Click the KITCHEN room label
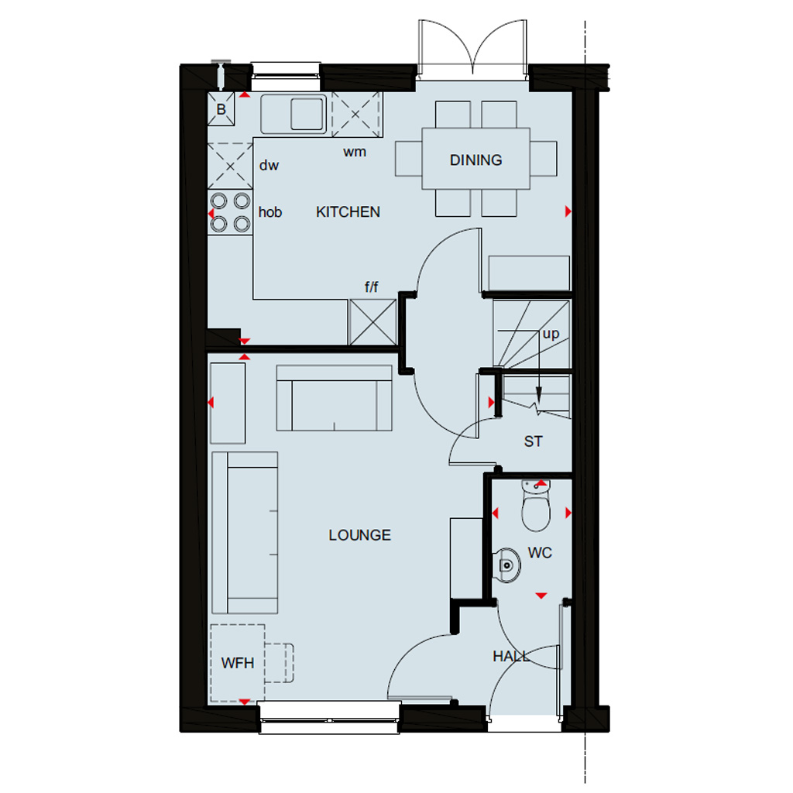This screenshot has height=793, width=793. click(x=348, y=212)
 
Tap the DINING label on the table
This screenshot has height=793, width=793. click(x=476, y=160)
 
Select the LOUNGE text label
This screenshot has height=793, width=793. click(x=359, y=535)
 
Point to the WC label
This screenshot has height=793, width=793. click(x=540, y=553)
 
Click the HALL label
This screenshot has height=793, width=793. click(x=511, y=657)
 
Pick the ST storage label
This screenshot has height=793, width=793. click(x=533, y=441)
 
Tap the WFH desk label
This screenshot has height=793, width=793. click(x=237, y=663)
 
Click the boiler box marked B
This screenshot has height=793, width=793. click(x=221, y=108)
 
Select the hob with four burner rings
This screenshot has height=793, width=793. click(x=230, y=212)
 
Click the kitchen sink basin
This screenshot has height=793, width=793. click(x=307, y=113)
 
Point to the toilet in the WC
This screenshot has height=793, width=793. click(x=536, y=506)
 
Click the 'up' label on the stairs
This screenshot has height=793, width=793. click(x=551, y=334)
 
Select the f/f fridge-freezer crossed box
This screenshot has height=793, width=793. click(x=372, y=322)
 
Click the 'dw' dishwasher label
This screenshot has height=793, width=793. click(x=269, y=166)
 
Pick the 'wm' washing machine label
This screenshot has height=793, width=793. click(x=355, y=152)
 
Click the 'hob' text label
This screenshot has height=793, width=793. click(x=270, y=212)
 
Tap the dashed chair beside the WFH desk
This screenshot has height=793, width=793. click(x=279, y=663)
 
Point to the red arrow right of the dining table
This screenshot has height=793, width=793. click(x=568, y=211)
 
